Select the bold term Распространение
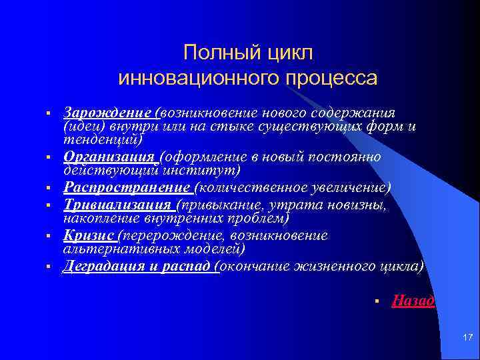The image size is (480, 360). tap(126, 187)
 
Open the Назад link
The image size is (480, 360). tap(413, 301)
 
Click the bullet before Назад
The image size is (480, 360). tap(377, 302)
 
